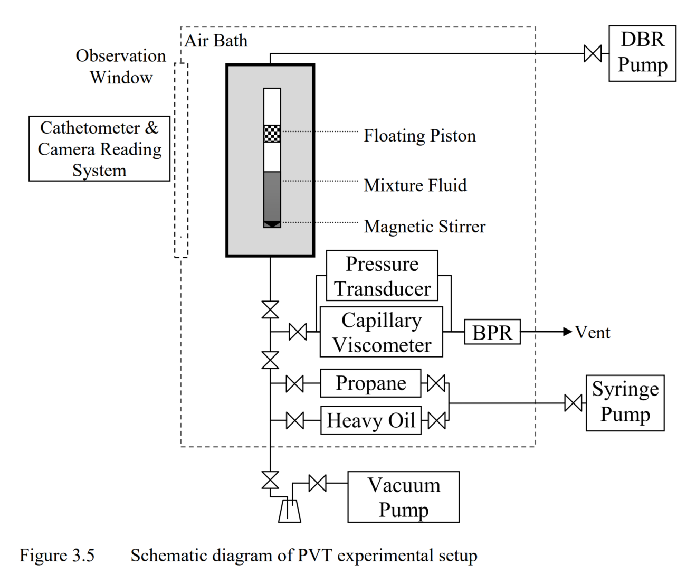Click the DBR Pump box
[642, 53]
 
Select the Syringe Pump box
[625, 403]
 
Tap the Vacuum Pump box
[403, 497]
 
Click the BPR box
[492, 332]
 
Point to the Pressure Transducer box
[382, 276]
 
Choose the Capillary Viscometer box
[381, 332]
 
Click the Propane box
[370, 383]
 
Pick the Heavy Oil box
[370, 420]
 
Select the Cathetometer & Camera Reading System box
[99, 149]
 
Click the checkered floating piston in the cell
[272, 134]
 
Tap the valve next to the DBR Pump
[593, 53]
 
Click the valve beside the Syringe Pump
[573, 403]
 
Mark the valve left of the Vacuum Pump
[317, 483]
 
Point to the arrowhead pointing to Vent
[568, 332]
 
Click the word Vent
[593, 333]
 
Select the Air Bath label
[216, 41]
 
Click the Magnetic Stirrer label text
[425, 227]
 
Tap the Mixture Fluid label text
[415, 185]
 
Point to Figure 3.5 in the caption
[57, 556]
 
